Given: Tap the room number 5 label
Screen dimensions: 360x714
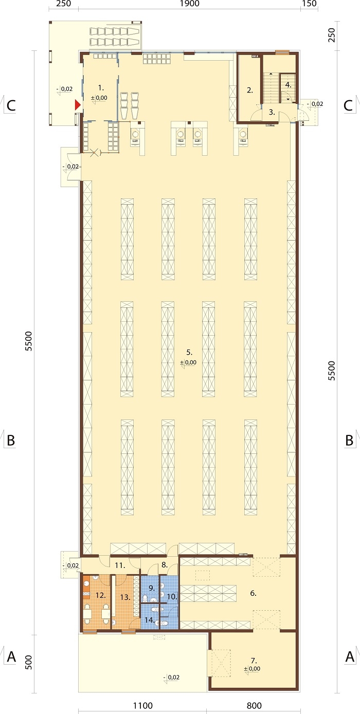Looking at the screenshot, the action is point(189,352).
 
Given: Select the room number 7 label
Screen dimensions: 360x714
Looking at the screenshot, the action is point(254,661).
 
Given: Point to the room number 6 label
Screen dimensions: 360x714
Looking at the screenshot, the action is point(253,593).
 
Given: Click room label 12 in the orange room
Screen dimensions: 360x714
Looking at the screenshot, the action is point(100,595).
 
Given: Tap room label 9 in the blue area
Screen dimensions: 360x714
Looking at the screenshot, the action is point(152,588).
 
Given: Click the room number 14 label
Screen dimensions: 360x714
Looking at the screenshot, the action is point(150,620).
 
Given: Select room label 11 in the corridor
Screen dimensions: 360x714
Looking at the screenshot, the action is point(120,565).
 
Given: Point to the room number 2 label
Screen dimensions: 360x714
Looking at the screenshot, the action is point(250,90).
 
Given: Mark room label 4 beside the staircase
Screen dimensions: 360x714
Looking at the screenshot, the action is point(288,85).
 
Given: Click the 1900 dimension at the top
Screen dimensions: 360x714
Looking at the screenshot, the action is point(190,4).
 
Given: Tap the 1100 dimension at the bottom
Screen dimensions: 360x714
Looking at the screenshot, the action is point(143,706).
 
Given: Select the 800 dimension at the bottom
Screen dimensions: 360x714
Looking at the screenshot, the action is point(254,706).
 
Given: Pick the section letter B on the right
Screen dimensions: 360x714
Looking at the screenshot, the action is point(349,440).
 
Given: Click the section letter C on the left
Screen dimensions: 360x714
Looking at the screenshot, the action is point(11,105).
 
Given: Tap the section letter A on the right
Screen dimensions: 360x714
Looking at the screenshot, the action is point(350,656).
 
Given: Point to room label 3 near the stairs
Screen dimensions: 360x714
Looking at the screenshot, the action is point(272,112).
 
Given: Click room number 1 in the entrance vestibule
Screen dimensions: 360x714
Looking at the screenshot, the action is point(101,87).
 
